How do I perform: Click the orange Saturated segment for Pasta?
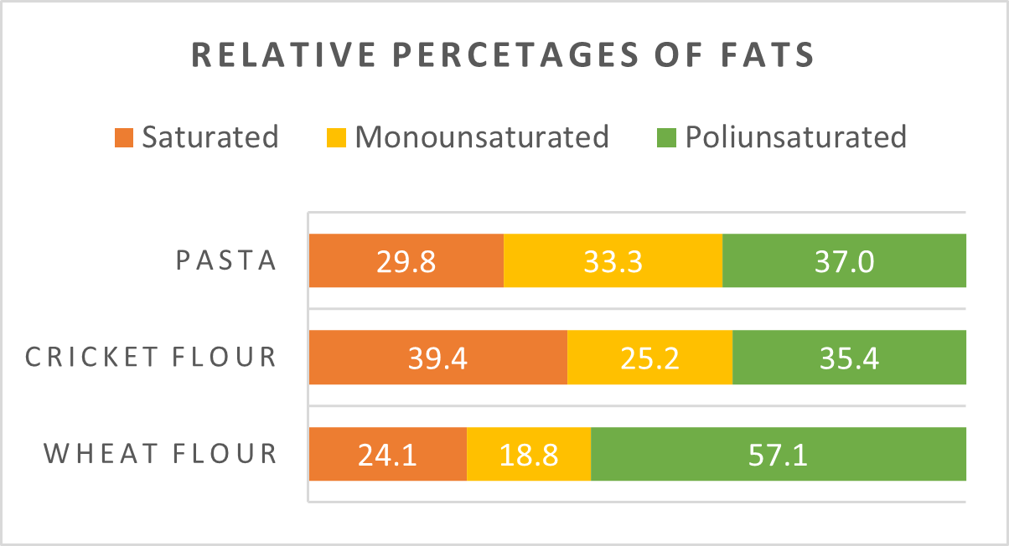pos(406,260)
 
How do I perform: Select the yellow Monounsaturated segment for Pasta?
pos(613,260)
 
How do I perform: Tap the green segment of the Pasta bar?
pos(844,260)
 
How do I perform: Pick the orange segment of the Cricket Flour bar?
pos(437,358)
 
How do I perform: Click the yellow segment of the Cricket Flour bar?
pos(649,358)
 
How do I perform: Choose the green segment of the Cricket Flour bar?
pos(849,358)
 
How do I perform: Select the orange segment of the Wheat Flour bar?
pos(387,454)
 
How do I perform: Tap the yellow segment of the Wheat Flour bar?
pos(529,454)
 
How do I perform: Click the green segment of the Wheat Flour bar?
pos(779,454)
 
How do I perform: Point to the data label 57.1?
pos(778,455)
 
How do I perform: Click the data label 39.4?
pos(437,358)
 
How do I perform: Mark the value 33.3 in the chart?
pos(613,261)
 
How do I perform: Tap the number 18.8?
pos(529,455)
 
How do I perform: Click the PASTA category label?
pos(226,260)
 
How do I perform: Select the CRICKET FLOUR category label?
pos(151,358)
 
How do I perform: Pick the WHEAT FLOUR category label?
pos(160,454)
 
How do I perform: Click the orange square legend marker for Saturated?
pos(124,137)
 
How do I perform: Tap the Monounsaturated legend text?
pos(482,136)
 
